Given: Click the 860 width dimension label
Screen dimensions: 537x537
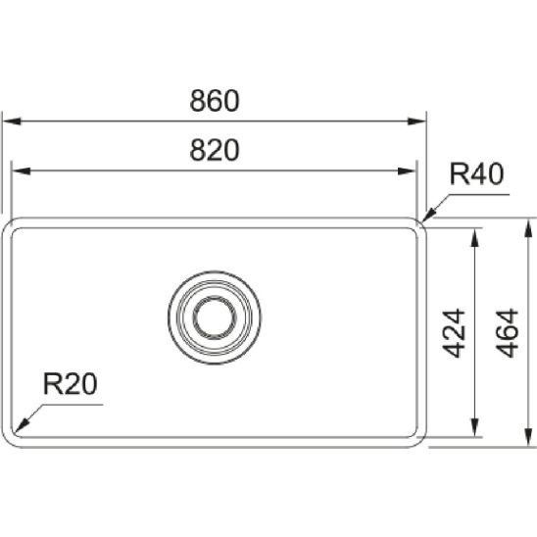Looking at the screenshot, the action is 215,100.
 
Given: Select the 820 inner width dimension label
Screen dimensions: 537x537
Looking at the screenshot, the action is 215,150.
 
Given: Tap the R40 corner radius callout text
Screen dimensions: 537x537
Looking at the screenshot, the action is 476,174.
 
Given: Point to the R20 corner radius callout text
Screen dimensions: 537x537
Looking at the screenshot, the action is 71,383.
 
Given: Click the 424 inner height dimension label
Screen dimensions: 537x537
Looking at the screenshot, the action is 454,333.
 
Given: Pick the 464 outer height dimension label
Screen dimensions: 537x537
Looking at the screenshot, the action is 508,333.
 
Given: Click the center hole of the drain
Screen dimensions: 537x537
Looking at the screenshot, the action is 215,317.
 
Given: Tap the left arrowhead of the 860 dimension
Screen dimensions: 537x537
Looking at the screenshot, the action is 12,122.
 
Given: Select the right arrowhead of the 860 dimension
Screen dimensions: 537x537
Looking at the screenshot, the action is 416,122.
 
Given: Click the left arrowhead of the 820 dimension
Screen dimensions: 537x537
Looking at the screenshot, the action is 21,171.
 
